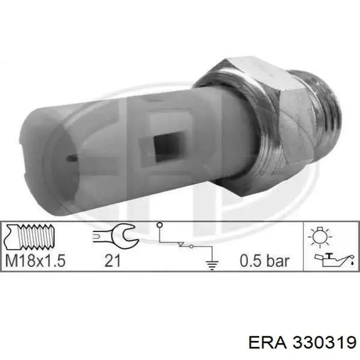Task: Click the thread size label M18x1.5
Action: tap(35, 261)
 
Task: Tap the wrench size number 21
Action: tap(113, 261)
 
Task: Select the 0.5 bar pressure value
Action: tap(264, 261)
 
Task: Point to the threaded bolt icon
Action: tap(30, 237)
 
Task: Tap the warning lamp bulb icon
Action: tap(320, 237)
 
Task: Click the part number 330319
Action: tap(325, 343)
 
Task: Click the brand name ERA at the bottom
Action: tap(267, 343)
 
